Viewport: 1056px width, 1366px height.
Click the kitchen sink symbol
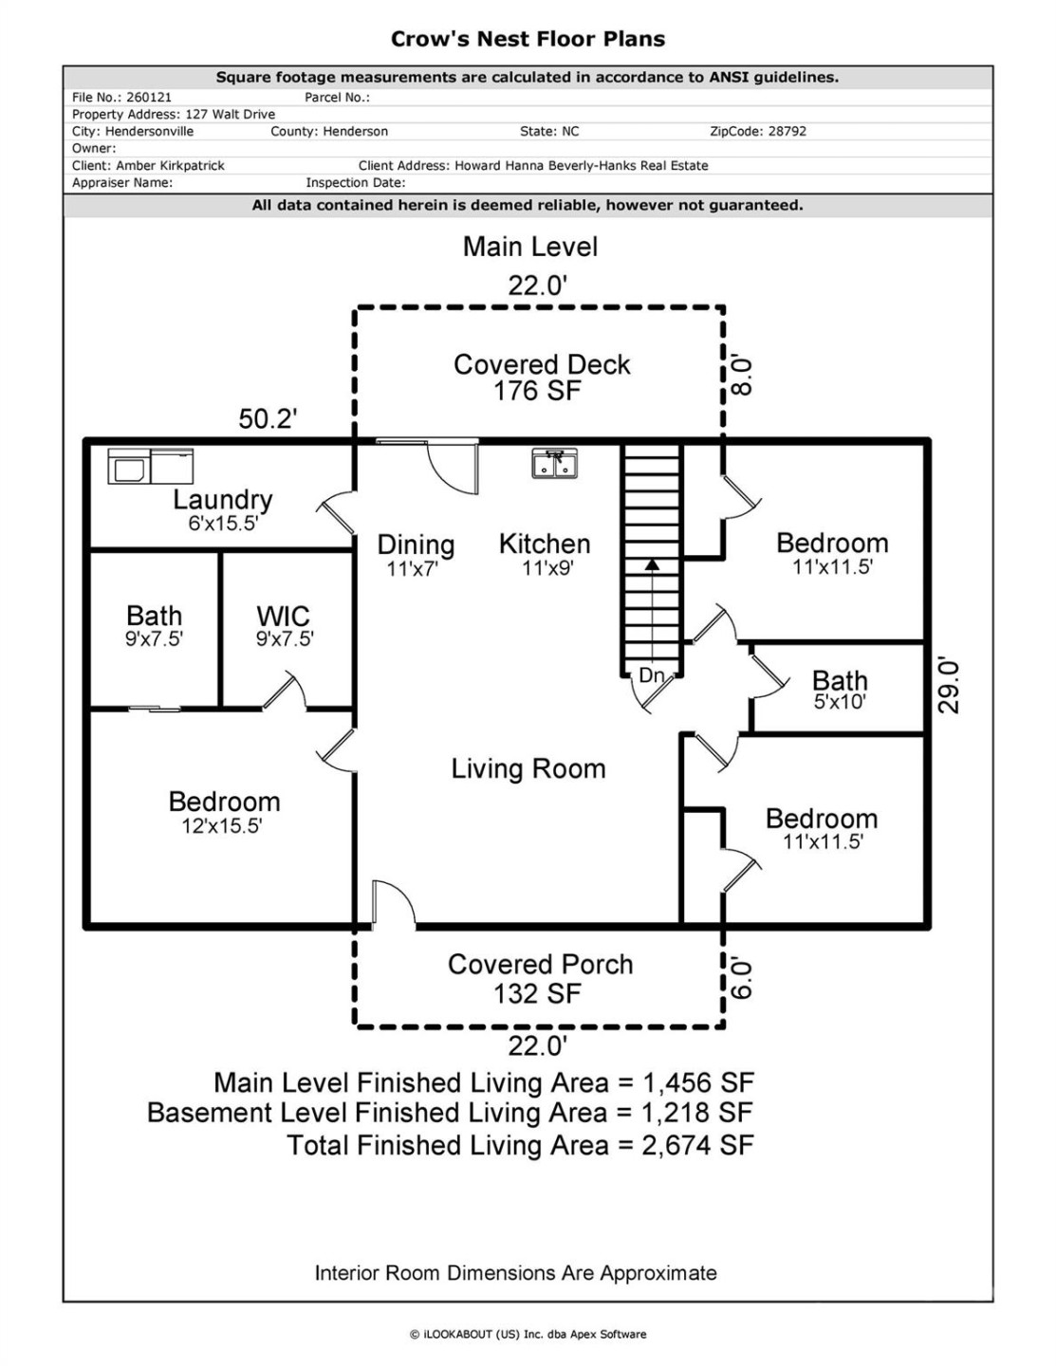[554, 464]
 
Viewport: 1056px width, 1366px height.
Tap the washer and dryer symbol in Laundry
[150, 466]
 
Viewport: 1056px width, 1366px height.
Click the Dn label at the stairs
[651, 675]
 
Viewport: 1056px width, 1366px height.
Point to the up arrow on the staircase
[652, 565]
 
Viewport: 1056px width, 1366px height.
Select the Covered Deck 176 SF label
[541, 378]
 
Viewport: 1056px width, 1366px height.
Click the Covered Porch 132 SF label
[540, 978]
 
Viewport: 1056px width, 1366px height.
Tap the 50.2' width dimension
[268, 418]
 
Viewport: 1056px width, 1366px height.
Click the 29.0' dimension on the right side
[950, 687]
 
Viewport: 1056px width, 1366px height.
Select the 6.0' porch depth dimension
[743, 977]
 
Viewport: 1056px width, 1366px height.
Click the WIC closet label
[284, 626]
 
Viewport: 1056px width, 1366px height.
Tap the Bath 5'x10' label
[840, 690]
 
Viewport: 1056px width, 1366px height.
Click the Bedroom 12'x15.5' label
[224, 812]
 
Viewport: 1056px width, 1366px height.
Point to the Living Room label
[528, 768]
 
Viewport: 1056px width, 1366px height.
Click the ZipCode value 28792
[787, 132]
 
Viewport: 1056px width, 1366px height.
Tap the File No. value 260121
[148, 97]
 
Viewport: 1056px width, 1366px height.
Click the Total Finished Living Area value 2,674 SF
[697, 1145]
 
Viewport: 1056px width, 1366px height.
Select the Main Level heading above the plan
[529, 247]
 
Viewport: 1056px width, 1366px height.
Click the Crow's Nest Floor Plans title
[528, 39]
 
